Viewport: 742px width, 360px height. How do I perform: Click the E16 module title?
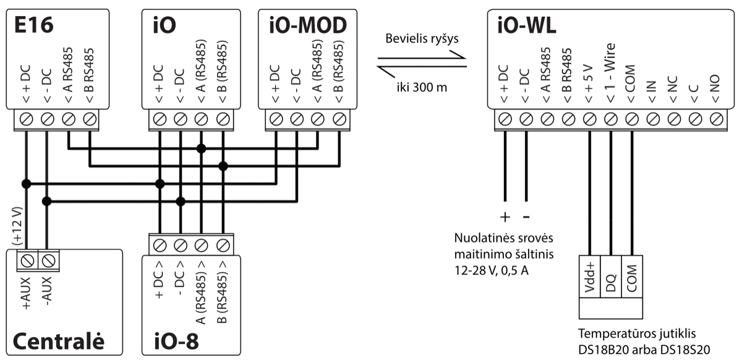35,25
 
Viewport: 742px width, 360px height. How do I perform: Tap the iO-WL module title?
526,25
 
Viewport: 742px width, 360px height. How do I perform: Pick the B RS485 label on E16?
90,73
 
